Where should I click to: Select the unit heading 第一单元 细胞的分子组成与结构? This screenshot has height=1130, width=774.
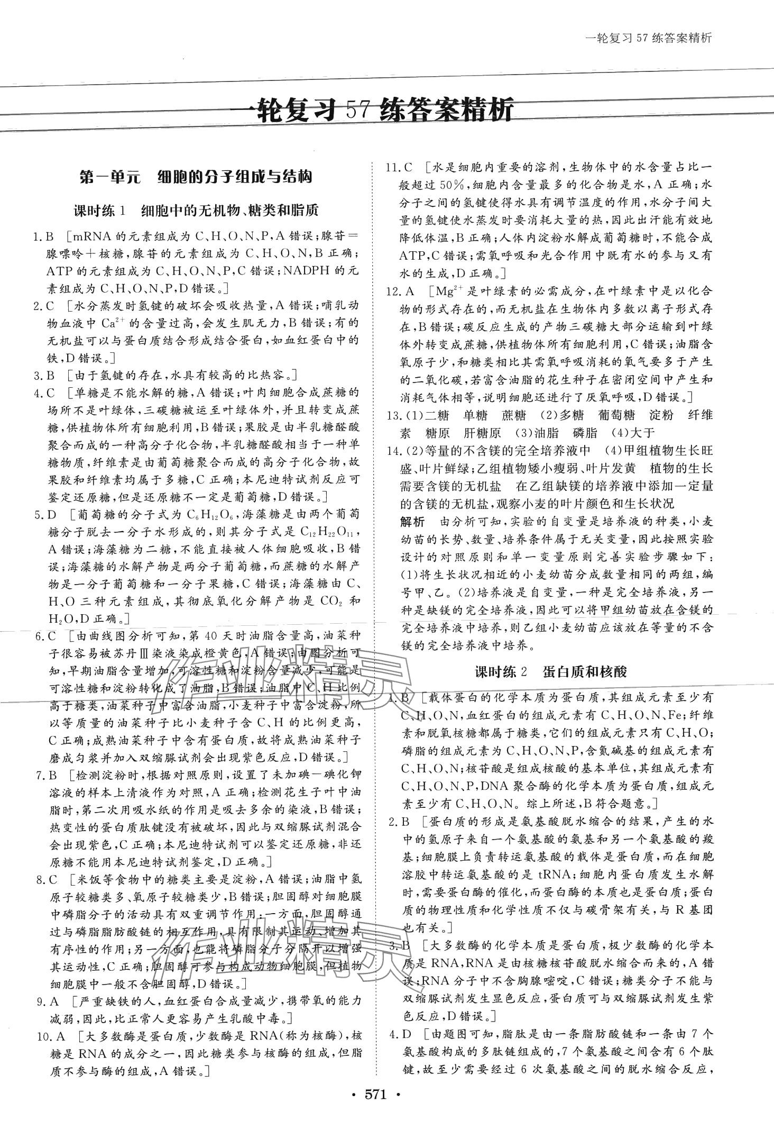[x=195, y=177]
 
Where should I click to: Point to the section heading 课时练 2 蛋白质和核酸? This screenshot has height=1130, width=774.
[x=550, y=672]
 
